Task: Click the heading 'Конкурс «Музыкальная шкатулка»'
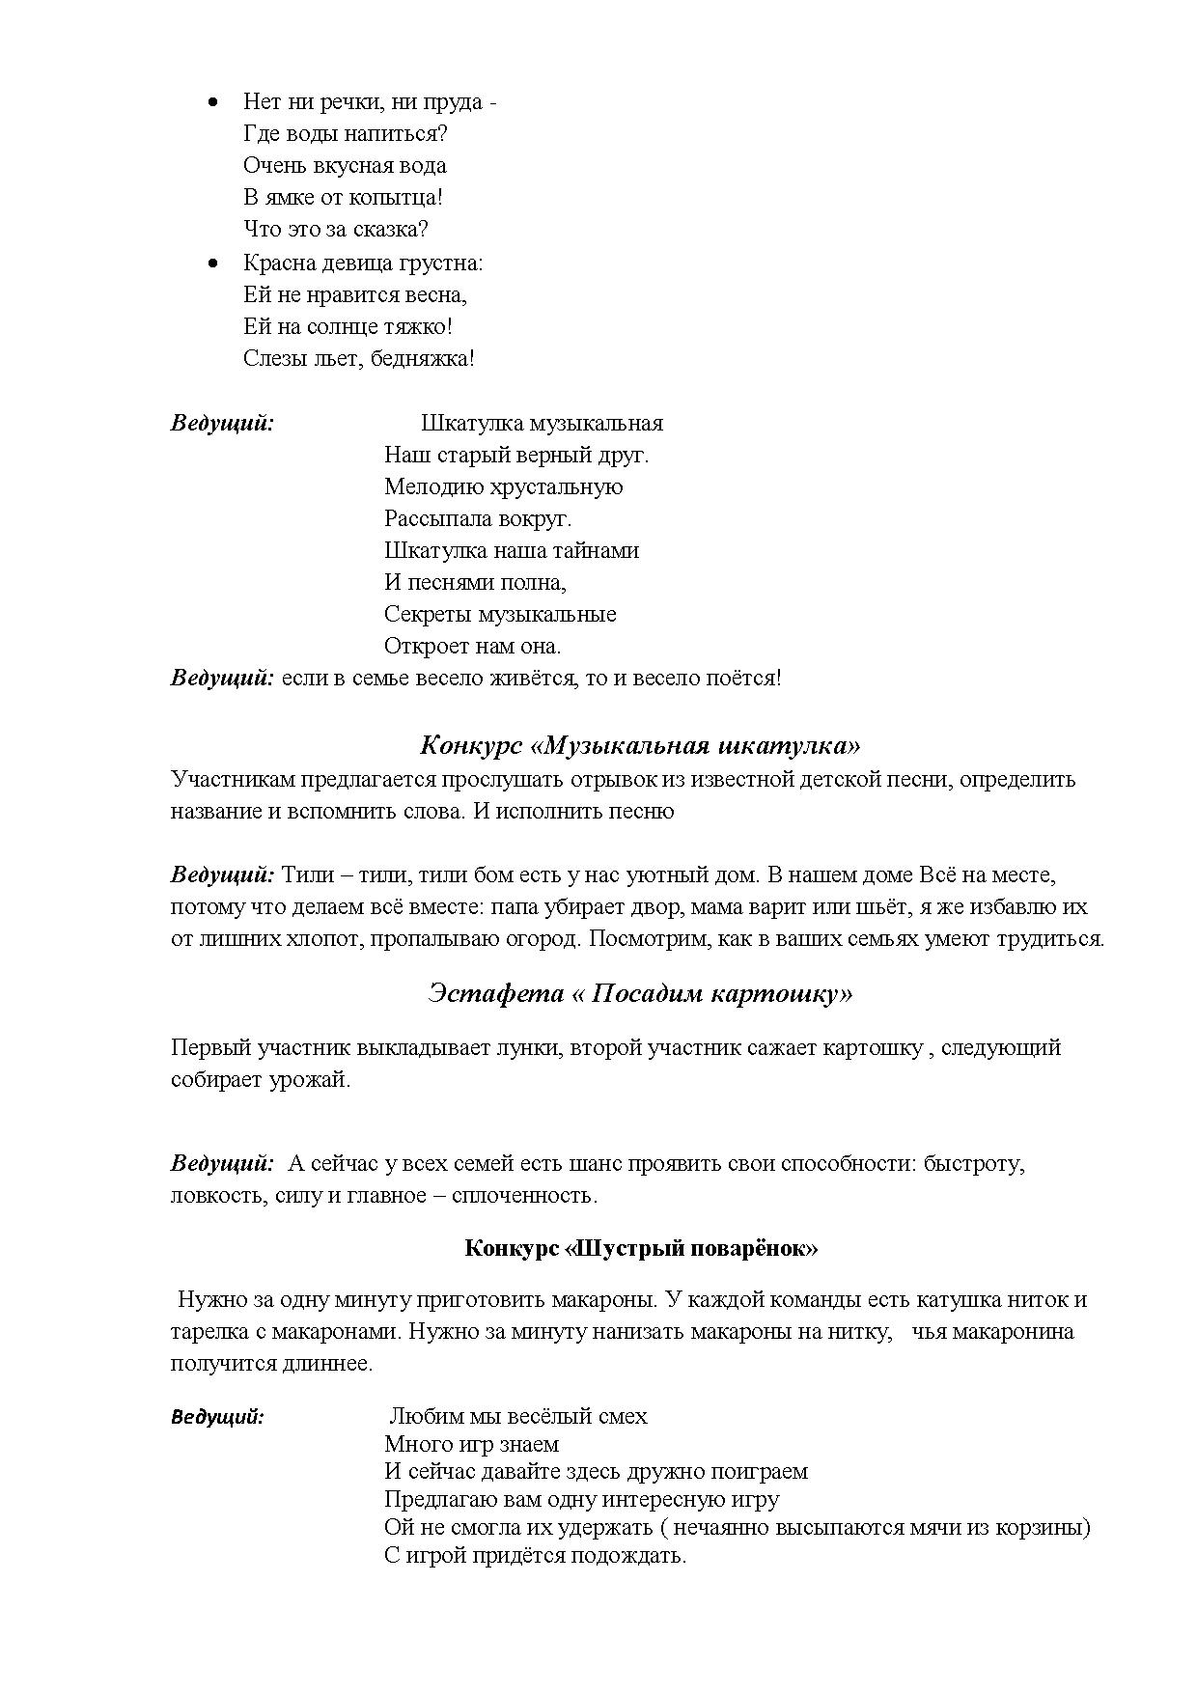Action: [640, 745]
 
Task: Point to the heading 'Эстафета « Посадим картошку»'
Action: [640, 993]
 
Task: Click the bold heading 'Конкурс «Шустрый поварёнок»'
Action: [641, 1248]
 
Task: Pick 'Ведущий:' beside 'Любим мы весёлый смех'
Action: [218, 1417]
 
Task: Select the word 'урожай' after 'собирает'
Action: [317, 1080]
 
